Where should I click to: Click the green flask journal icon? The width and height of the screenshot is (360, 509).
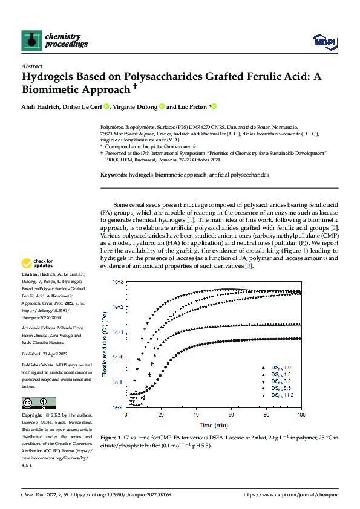click(x=31, y=40)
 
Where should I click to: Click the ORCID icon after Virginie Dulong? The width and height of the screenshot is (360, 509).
click(x=162, y=107)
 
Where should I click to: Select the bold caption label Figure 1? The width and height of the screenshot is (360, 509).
click(x=113, y=438)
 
